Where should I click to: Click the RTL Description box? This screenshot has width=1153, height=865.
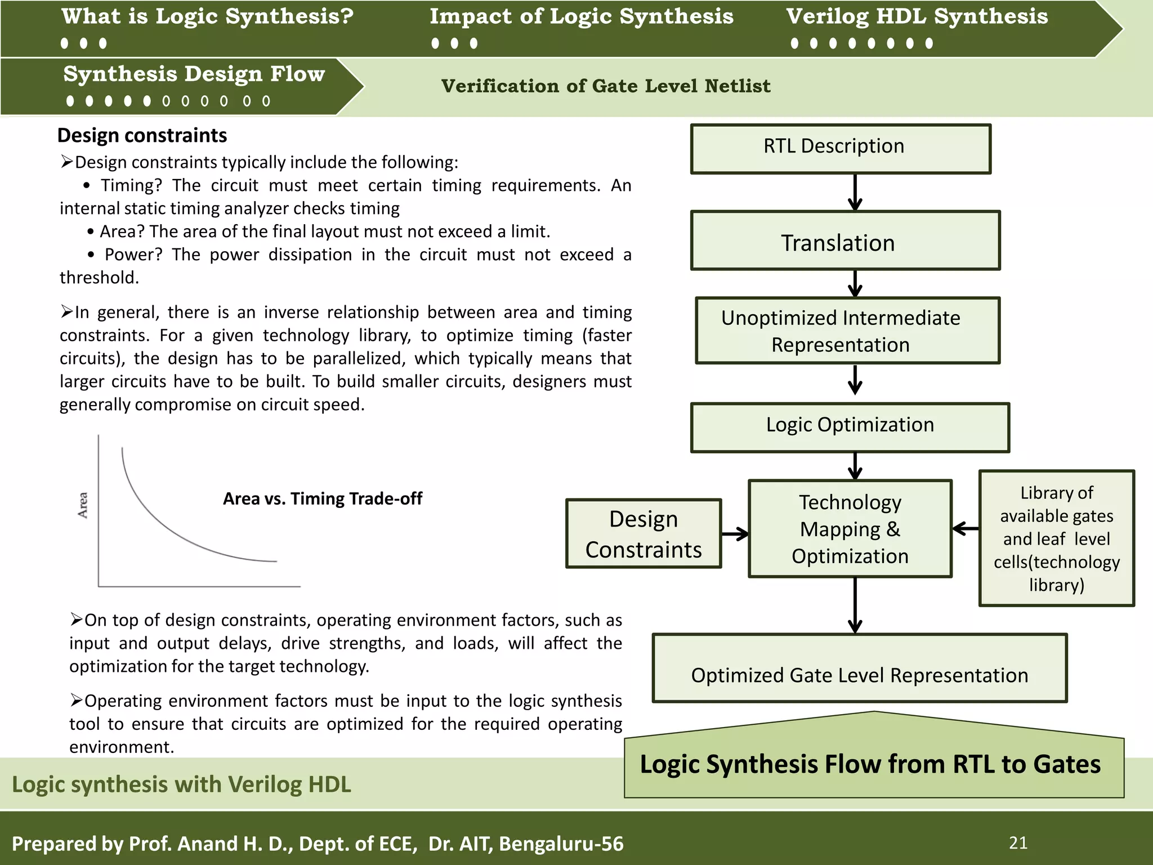pos(840,149)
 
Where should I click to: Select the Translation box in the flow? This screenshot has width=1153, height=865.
pos(844,241)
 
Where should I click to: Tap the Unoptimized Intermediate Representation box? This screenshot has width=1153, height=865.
pos(847,331)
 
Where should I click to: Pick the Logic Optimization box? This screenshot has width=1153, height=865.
pos(850,427)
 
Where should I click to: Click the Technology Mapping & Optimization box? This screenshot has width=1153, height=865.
pos(850,529)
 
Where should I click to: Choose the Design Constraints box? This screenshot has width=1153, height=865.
pos(643,533)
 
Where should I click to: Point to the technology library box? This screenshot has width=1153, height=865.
pos(1056,538)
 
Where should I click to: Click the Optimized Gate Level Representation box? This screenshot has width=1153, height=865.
pos(859,668)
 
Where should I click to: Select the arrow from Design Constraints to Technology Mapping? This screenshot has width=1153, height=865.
pos(735,534)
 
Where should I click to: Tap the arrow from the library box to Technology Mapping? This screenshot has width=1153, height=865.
pos(966,528)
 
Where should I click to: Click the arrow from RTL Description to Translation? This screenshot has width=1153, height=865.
pos(855,192)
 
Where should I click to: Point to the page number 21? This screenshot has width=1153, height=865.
pos(1018,843)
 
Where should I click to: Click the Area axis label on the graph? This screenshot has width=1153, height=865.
pos(83,505)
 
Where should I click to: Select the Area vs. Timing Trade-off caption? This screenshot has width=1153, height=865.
pos(322,499)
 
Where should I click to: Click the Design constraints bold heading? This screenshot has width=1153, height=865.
pos(142,136)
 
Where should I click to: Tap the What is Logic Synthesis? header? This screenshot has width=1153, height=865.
pos(207,16)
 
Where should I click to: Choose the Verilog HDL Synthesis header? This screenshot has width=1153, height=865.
pos(917,16)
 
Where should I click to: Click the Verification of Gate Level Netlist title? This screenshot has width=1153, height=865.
pos(605,86)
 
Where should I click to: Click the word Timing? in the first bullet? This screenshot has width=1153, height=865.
pos(131,185)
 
